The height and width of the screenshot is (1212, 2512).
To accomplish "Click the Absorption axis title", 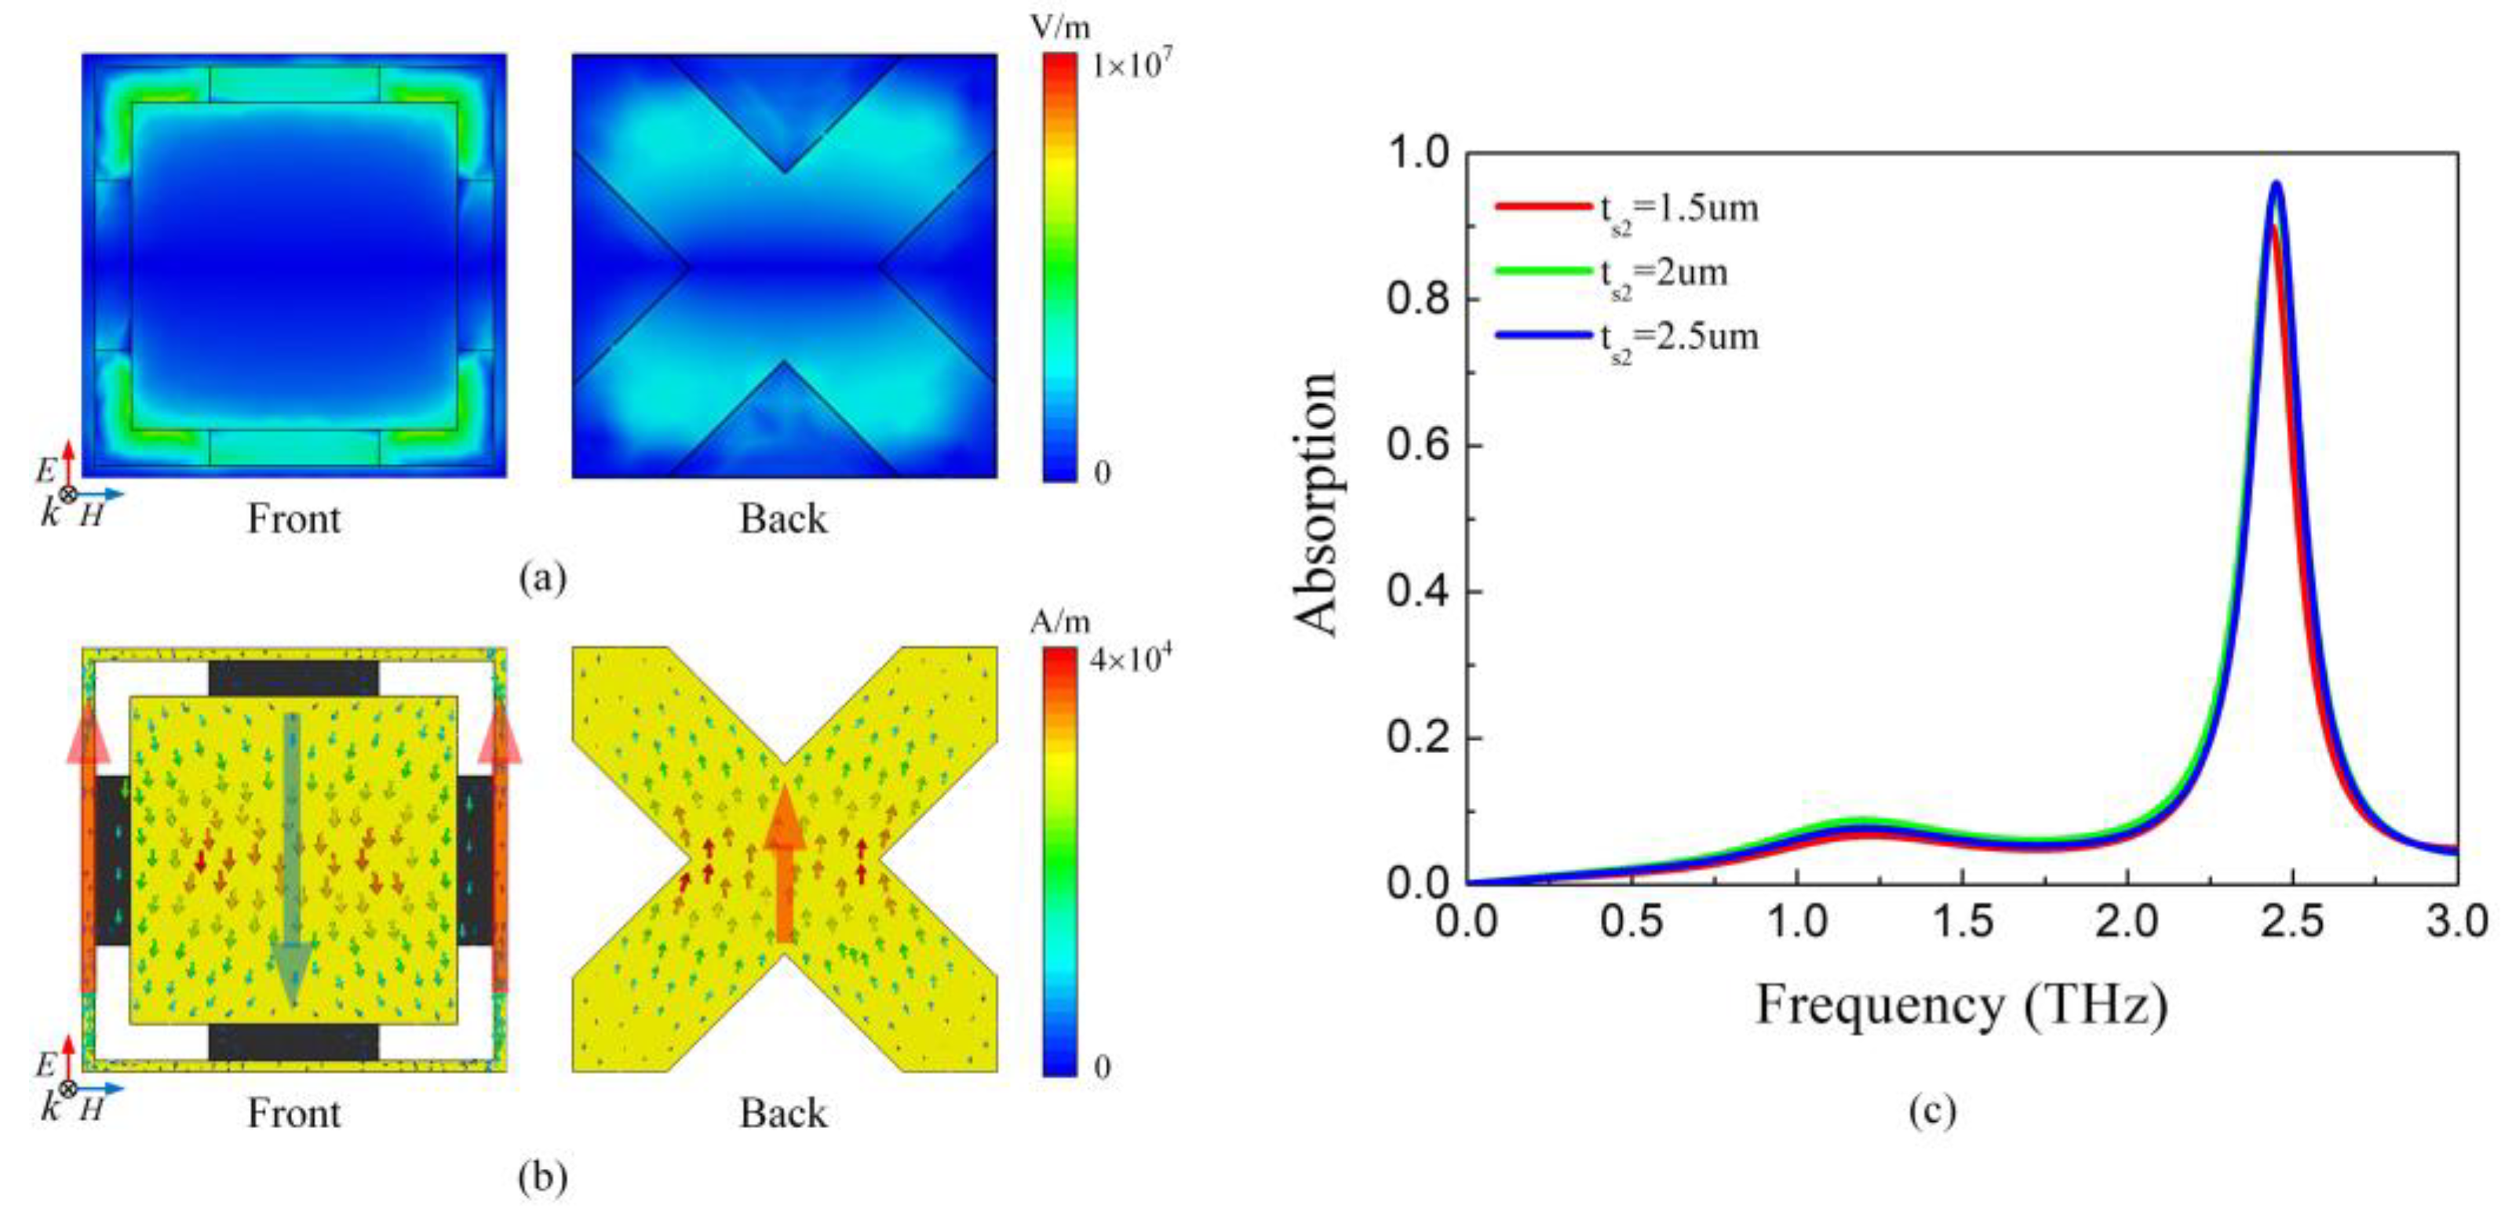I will coord(1317,505).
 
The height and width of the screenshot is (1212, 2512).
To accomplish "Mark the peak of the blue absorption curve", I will coord(2278,184).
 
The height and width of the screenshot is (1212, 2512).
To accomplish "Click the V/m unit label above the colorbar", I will coord(1060,27).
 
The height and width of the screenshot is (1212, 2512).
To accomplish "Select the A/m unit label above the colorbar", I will coord(1060,622).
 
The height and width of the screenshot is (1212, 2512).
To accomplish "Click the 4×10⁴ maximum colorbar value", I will coord(1131,660).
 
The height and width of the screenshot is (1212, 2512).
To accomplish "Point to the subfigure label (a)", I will coord(543,577).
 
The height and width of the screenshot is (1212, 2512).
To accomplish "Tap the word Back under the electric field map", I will coord(783,519).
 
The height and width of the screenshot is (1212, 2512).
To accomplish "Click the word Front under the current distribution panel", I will coord(293,1112).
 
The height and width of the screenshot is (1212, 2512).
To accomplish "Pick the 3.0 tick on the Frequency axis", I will coord(2457,920).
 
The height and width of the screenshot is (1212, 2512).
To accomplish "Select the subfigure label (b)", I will coord(543,1177).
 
